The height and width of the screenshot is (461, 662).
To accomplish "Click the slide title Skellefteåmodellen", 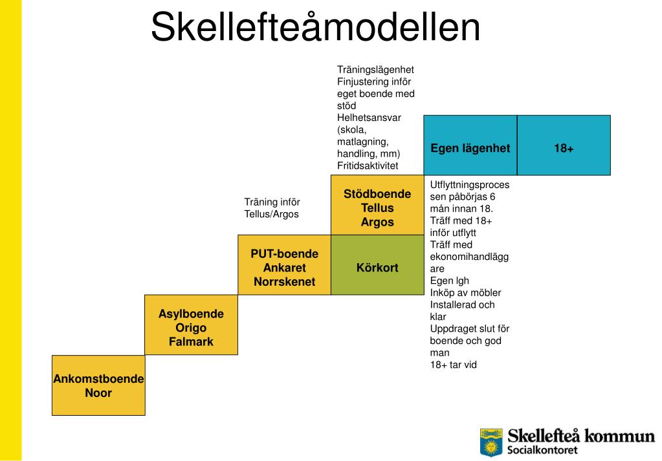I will click(x=316, y=28).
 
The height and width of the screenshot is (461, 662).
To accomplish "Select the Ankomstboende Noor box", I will click(x=98, y=385).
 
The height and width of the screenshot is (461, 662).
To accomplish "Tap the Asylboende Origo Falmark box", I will click(x=191, y=325).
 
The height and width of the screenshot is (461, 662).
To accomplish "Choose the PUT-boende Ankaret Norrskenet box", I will click(x=284, y=265).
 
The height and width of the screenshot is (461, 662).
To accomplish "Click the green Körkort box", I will click(x=377, y=265).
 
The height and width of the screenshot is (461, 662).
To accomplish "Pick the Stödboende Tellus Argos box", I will click(x=377, y=206).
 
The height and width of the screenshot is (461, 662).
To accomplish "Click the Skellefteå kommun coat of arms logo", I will click(x=491, y=442).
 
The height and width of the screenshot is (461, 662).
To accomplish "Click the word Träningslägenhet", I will click(x=375, y=69).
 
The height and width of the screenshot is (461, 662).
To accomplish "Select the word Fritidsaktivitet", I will click(x=368, y=166).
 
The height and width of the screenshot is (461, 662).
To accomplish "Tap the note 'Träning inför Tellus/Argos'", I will click(x=272, y=208).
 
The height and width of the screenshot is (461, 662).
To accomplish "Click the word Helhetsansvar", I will click(x=369, y=118).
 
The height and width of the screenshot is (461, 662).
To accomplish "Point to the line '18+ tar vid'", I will click(x=454, y=365).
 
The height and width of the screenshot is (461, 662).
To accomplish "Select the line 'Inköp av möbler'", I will click(x=465, y=292).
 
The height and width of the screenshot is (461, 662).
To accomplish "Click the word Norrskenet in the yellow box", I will click(x=284, y=282).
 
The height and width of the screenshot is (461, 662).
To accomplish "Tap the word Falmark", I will click(x=191, y=342).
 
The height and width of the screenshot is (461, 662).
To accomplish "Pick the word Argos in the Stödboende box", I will click(x=377, y=222).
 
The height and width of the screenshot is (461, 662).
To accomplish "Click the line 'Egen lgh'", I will click(x=450, y=280).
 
